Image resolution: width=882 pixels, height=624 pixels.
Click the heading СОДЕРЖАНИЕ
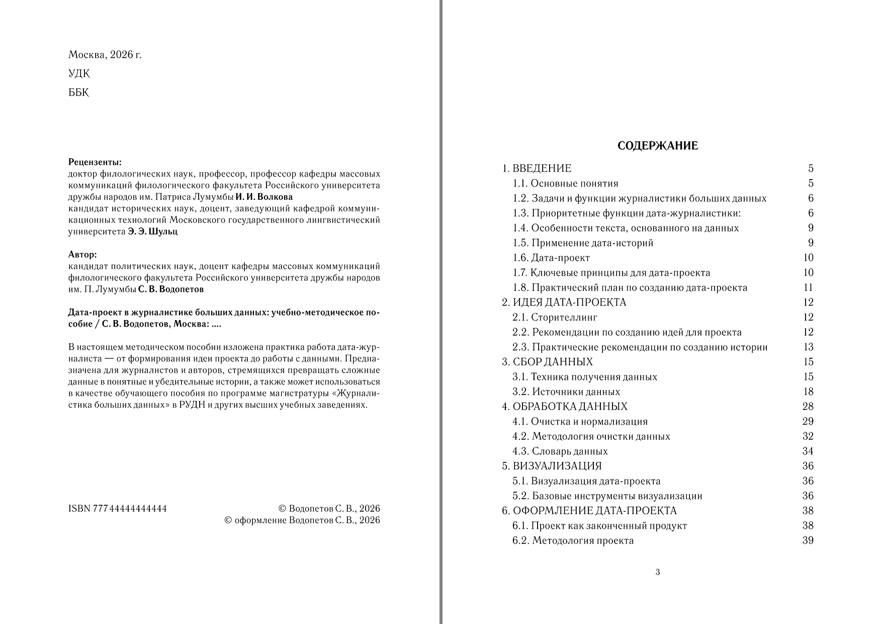(x=657, y=146)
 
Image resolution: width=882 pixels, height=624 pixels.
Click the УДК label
(x=79, y=74)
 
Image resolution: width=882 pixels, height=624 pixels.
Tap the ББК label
(x=78, y=93)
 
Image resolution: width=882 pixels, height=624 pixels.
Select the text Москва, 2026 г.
(x=105, y=55)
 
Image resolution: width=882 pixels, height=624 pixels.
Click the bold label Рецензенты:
(x=95, y=163)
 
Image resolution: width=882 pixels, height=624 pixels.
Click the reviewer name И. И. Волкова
(x=264, y=197)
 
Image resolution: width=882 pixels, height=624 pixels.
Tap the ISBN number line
(x=117, y=508)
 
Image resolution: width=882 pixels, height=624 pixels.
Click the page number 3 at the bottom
(x=658, y=572)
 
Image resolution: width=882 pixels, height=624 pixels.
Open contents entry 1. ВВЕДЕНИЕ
(x=537, y=168)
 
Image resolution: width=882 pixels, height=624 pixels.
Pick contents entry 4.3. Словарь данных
(x=560, y=451)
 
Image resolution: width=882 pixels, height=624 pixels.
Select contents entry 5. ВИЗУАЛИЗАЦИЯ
(x=552, y=466)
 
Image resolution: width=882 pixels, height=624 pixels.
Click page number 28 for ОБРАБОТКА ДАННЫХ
(x=808, y=407)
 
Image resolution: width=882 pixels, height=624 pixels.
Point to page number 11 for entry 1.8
(x=808, y=288)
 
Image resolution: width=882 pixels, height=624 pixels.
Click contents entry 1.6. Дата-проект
(x=551, y=258)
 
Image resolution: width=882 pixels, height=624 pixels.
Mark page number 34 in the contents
(x=808, y=451)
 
